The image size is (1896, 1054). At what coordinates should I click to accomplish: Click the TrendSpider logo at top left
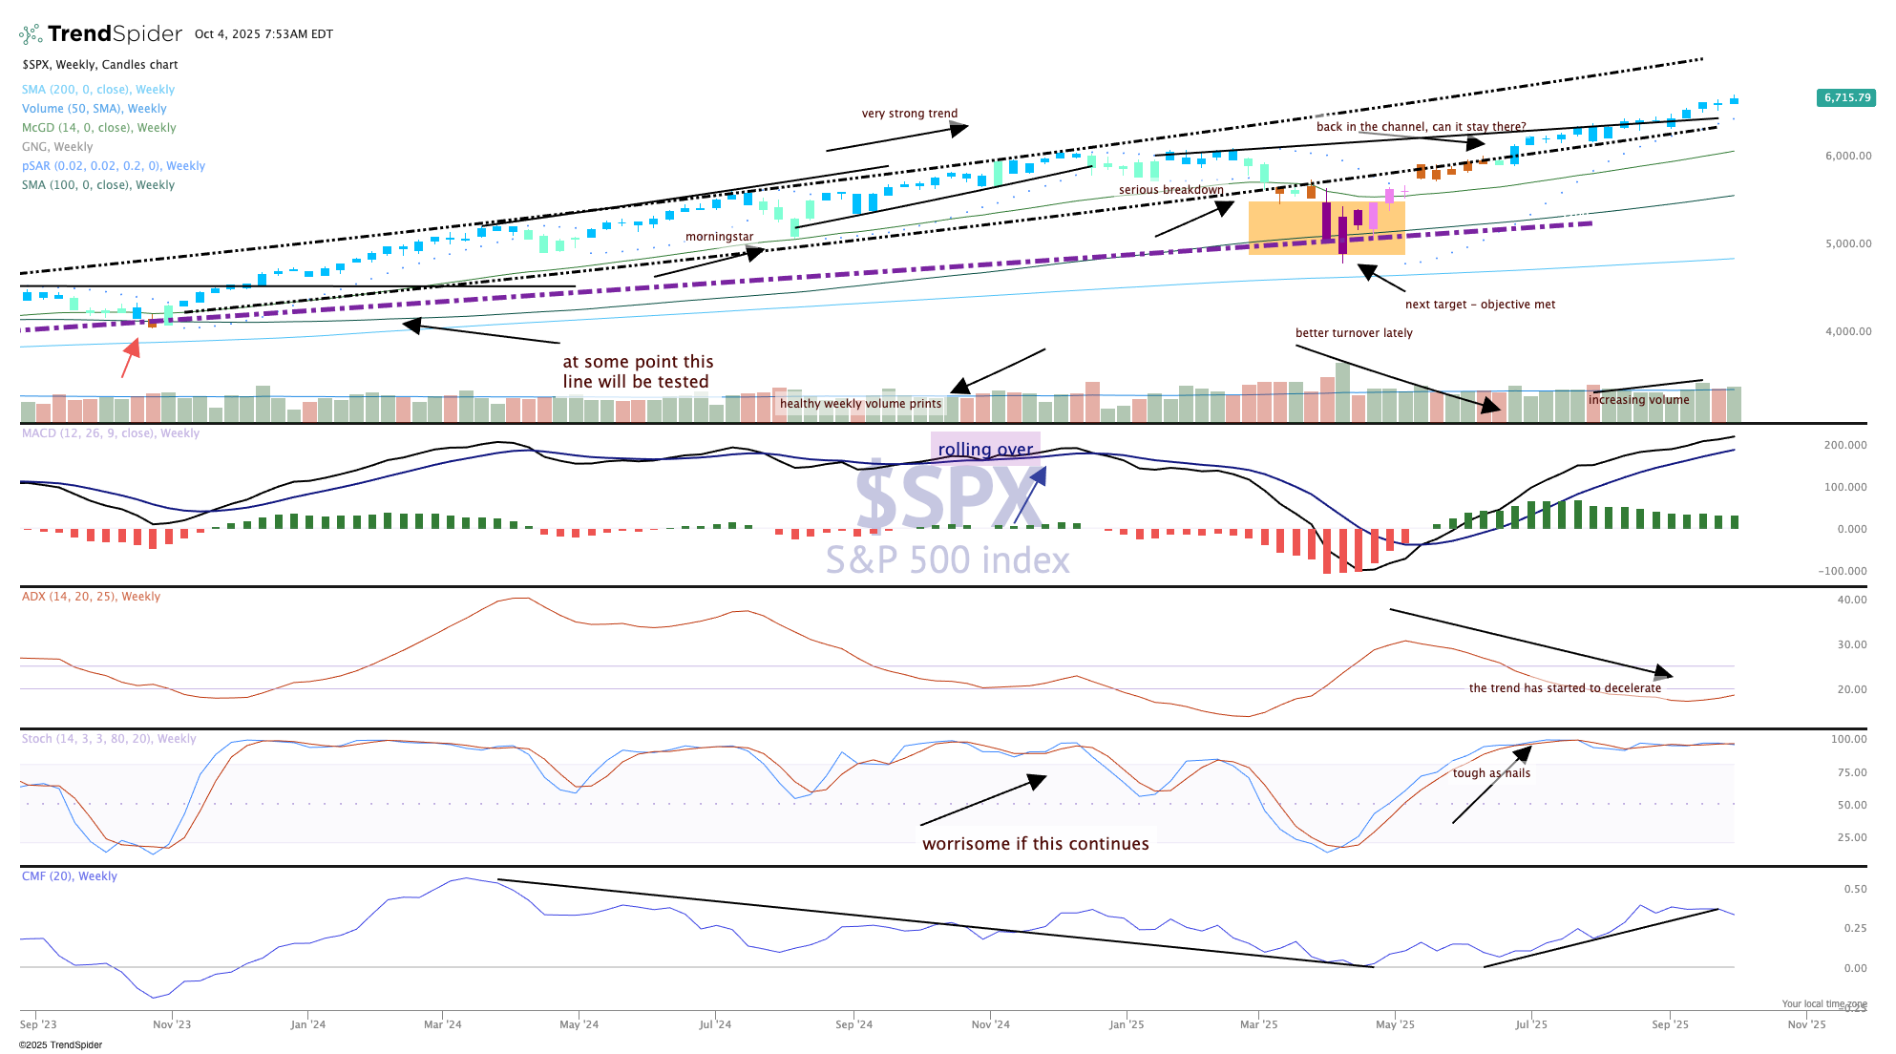pos(100,34)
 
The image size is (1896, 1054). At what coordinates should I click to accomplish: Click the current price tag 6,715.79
pos(1846,97)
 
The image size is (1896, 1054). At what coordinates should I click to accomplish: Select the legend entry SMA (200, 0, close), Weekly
pos(98,90)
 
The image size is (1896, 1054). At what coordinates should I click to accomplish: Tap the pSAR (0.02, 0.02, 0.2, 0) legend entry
pos(114,166)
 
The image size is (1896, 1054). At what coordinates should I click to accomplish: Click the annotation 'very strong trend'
pos(909,114)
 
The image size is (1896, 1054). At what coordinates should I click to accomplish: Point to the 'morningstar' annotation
pos(719,237)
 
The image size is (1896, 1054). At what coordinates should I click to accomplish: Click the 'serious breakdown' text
pos(1170,190)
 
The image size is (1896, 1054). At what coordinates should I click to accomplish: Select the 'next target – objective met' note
pos(1480,305)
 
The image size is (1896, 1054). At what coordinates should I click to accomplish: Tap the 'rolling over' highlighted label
pos(985,450)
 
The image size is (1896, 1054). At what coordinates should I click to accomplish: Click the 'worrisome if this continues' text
pos(1035,844)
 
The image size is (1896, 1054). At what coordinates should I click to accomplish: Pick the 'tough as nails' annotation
pos(1491,773)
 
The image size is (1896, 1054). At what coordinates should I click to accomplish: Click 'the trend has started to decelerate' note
pos(1565,688)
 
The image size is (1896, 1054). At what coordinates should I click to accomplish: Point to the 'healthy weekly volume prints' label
pos(860,404)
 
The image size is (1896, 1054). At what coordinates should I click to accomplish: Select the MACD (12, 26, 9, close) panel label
pos(111,433)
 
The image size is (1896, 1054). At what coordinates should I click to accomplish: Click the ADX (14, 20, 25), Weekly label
pos(92,597)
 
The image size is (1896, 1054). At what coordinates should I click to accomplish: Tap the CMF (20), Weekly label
pos(70,876)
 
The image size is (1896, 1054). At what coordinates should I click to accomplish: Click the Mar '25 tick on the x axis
pos(1258,1024)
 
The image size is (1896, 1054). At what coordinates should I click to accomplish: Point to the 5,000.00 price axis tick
pos(1848,243)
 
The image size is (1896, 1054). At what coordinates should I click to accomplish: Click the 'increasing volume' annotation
pos(1638,400)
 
